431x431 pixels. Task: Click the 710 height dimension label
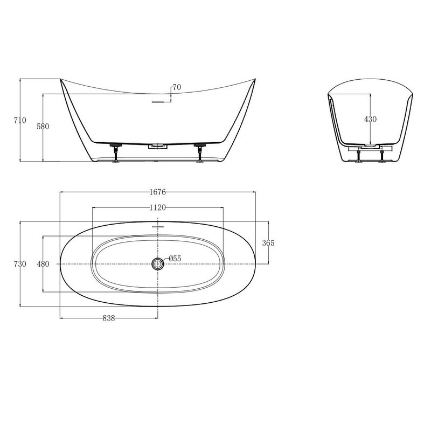[x=20, y=120]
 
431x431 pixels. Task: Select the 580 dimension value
[x=43, y=126]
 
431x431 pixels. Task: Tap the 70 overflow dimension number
[x=177, y=87]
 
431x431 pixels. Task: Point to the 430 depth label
[x=370, y=119]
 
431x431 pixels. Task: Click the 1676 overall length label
[x=158, y=192]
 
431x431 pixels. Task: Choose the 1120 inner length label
[x=158, y=207]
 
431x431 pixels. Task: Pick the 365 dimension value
[x=268, y=243]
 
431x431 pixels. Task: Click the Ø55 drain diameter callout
[x=175, y=259]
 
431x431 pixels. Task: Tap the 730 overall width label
[x=20, y=264]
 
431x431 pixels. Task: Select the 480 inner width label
[x=43, y=264]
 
